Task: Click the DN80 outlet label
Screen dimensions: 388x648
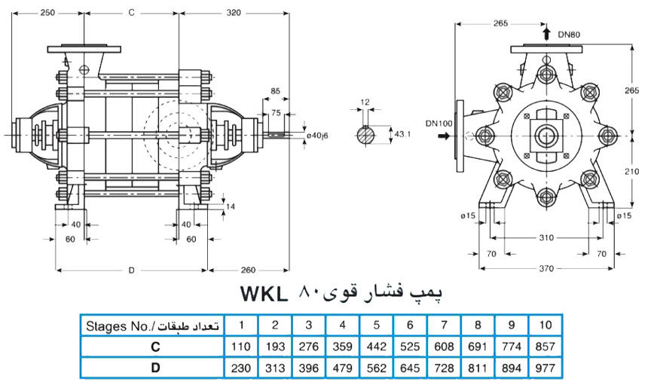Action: point(570,35)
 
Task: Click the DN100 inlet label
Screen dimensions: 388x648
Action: point(440,123)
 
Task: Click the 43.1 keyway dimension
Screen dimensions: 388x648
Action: point(404,133)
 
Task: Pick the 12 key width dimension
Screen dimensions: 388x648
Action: point(365,102)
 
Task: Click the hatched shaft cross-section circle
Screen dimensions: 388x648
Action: point(365,135)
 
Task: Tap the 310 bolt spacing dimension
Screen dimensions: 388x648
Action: point(547,238)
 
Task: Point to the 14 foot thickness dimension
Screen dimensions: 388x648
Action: point(230,206)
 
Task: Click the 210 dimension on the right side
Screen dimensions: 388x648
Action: point(633,171)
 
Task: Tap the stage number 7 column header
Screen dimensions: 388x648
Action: point(444,325)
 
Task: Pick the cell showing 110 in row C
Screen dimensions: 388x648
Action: point(241,347)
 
